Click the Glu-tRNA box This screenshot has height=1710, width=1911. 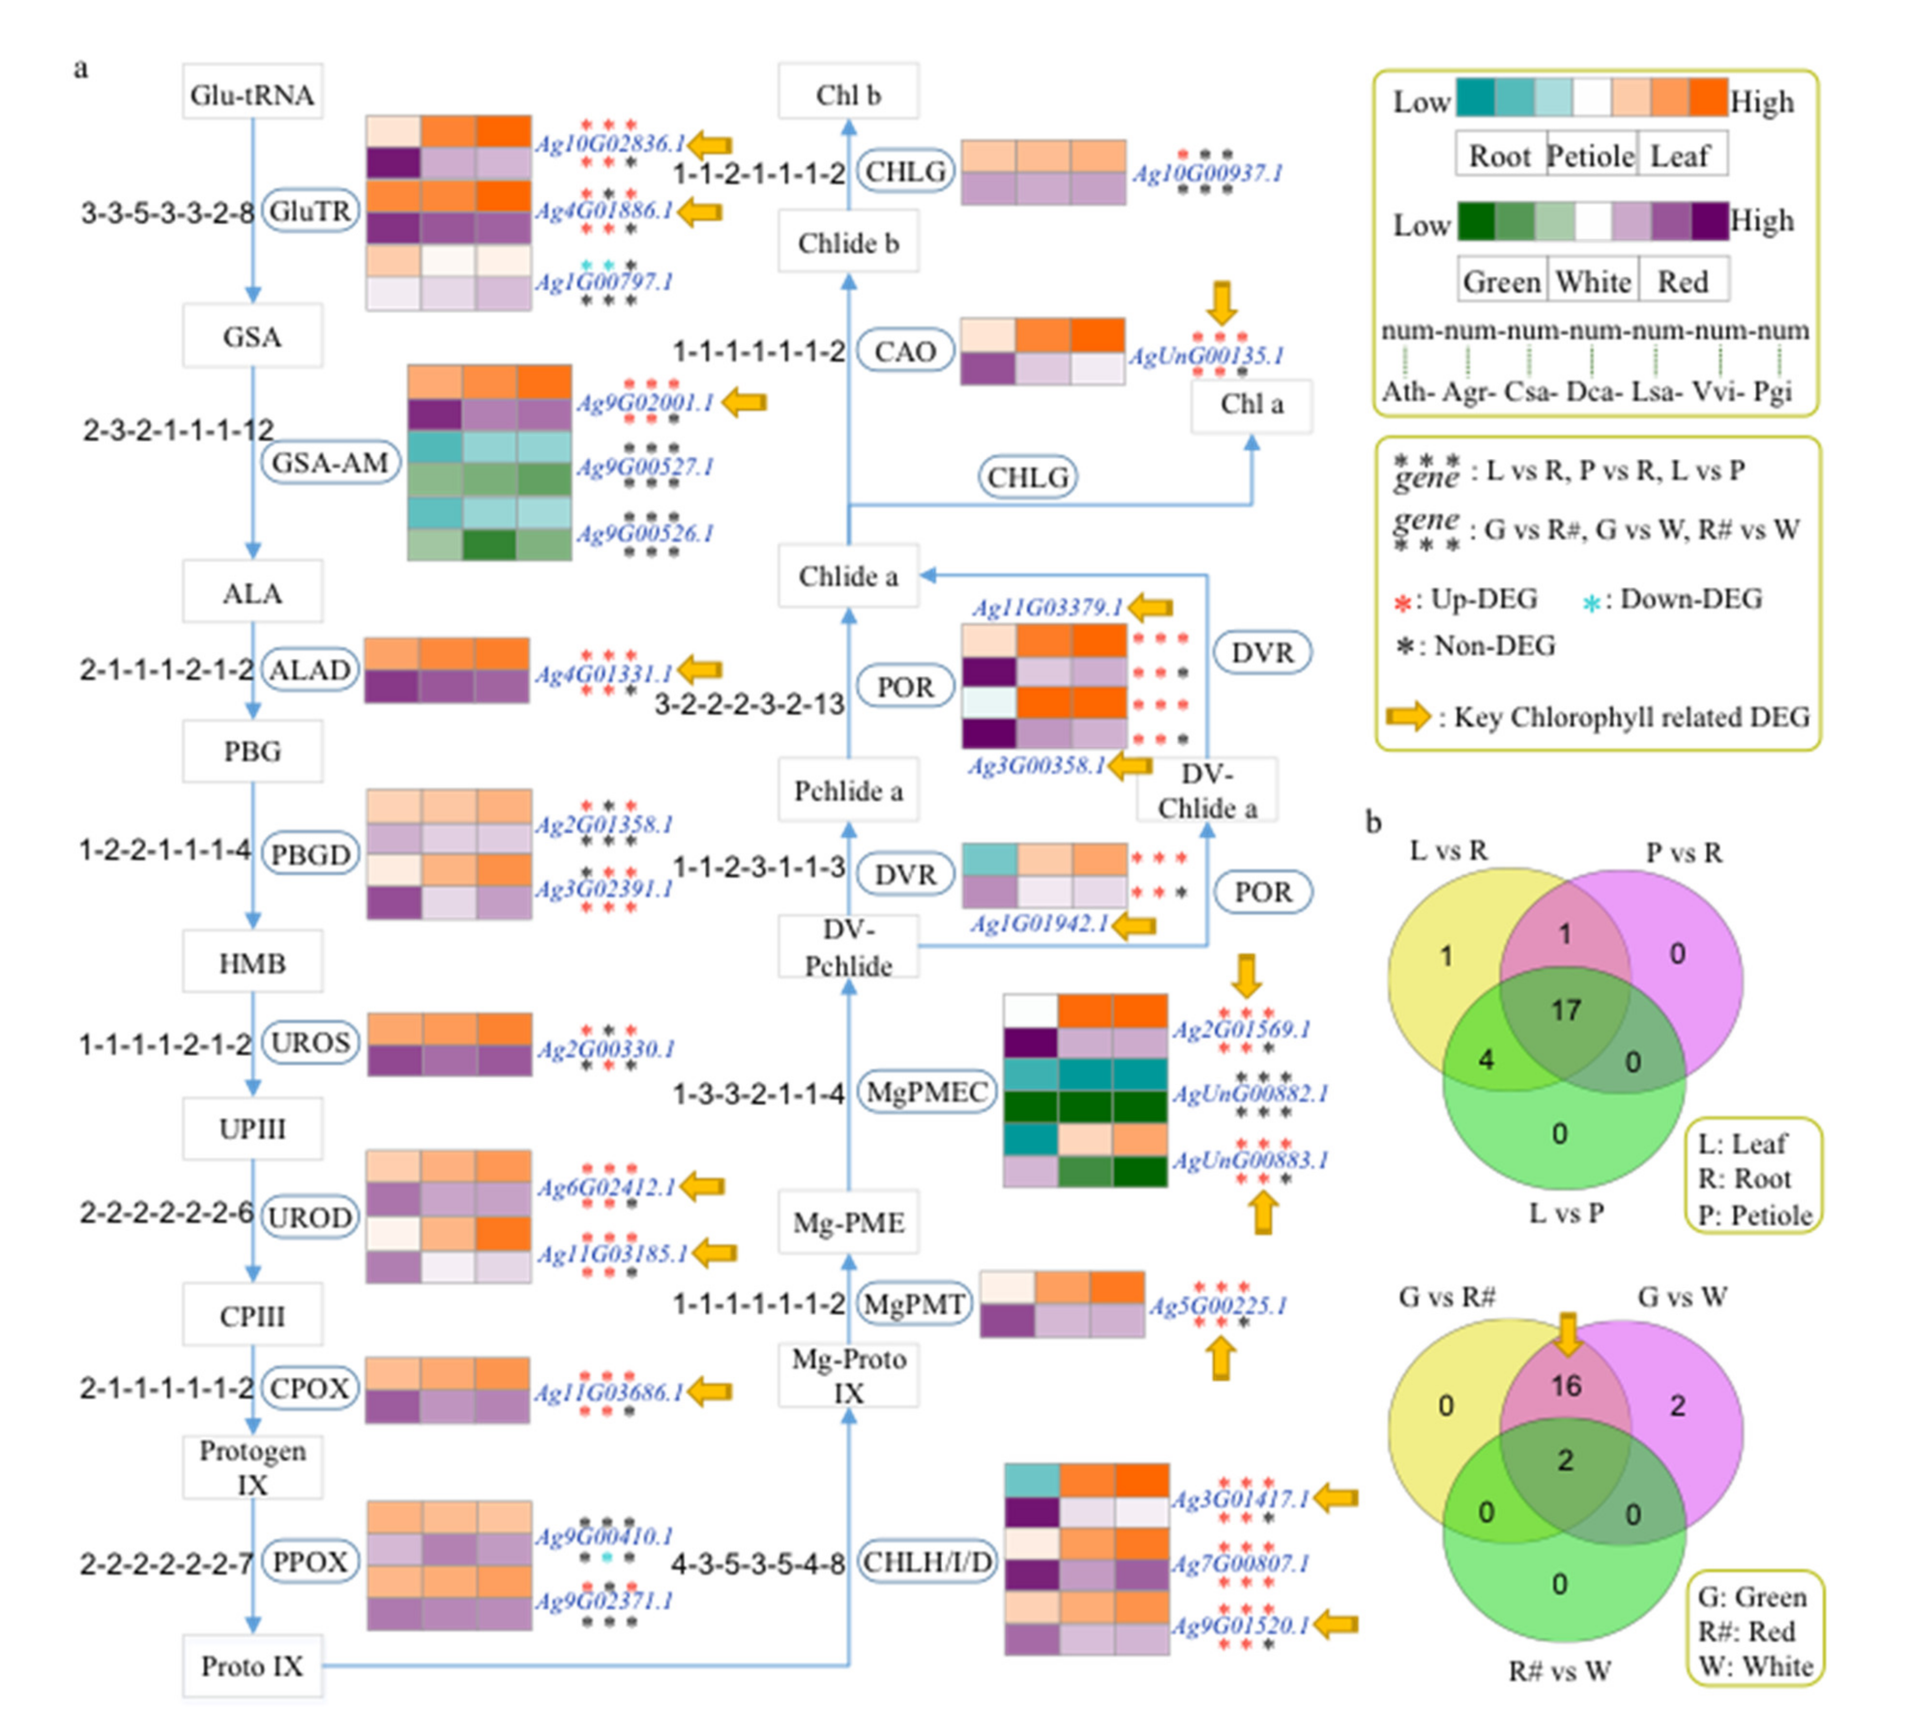tap(252, 94)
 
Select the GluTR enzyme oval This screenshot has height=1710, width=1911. tap(310, 211)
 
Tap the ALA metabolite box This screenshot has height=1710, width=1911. tap(252, 593)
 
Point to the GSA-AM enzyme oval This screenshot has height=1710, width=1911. tap(330, 462)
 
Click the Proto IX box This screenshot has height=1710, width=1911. tap(252, 1666)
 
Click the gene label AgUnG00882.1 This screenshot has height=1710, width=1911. tap(1249, 1093)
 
